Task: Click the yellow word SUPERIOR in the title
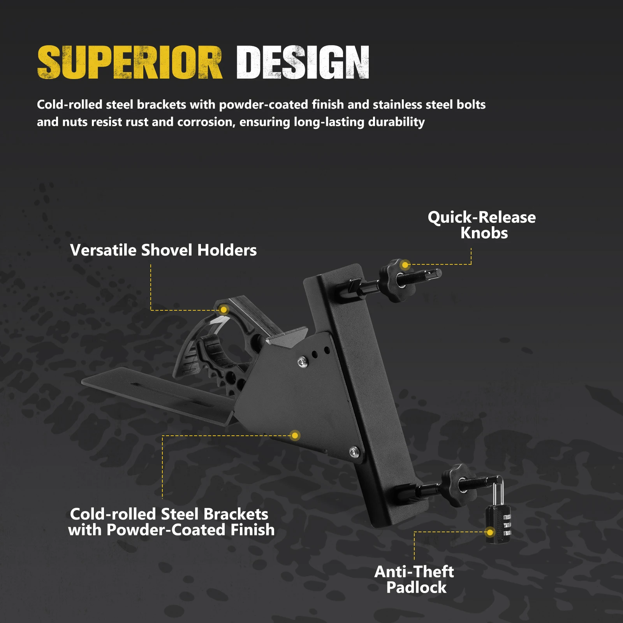coord(130,62)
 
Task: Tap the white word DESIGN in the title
coord(303,62)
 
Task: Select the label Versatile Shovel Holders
coord(163,250)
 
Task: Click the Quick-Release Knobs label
coord(482,225)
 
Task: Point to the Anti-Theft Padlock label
coord(415,579)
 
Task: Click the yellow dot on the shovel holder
coord(224,310)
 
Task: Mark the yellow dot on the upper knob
coord(405,265)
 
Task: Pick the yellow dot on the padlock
coord(490,532)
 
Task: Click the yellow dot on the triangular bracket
coord(295,435)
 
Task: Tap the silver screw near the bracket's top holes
coord(302,362)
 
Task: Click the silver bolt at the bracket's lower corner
coord(354,452)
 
